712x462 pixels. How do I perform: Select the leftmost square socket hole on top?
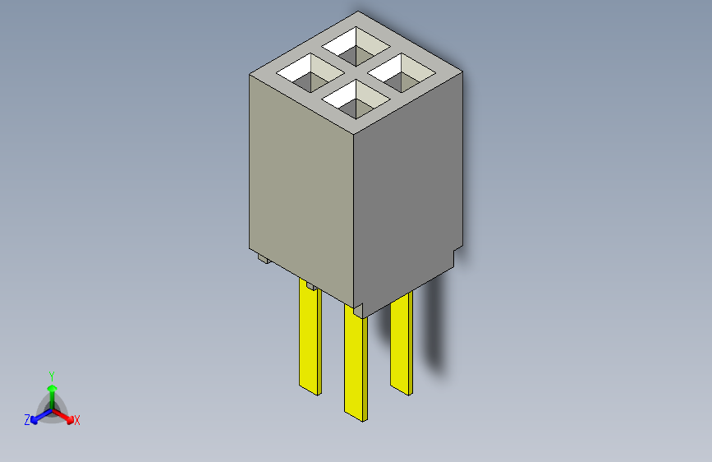(311, 74)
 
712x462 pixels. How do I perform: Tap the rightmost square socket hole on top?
(402, 74)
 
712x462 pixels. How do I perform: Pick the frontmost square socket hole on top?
(356, 99)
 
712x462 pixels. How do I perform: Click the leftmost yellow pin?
(310, 337)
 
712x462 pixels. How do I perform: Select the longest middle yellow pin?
(356, 362)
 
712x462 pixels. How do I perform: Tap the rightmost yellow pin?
(401, 341)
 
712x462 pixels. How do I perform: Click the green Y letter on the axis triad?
(51, 374)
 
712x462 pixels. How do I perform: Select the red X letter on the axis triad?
(77, 421)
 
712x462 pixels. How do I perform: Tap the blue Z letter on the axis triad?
(27, 420)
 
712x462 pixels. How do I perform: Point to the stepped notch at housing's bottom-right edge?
(457, 249)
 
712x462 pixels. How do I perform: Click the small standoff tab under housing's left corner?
(262, 260)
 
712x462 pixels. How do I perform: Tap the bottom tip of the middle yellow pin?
(356, 416)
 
